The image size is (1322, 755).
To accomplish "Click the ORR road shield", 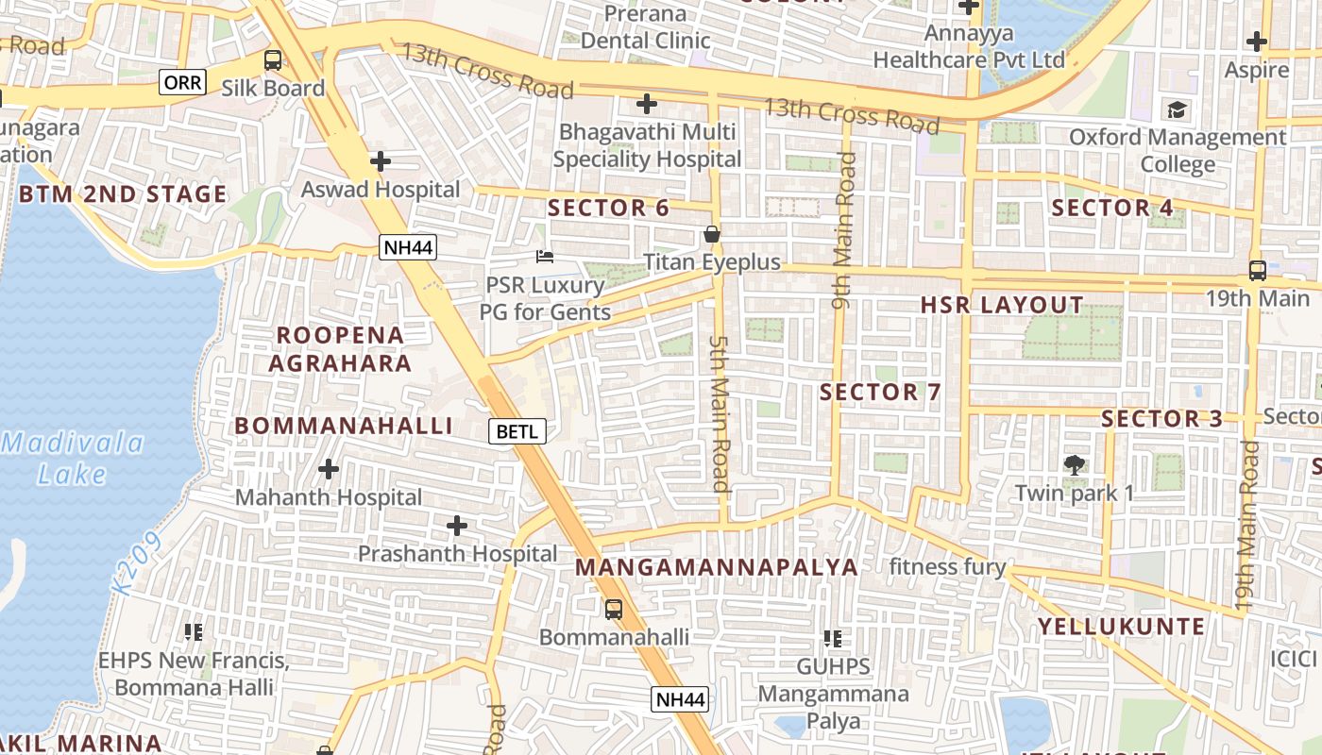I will [x=182, y=82].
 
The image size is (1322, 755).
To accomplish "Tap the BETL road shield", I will [x=517, y=432].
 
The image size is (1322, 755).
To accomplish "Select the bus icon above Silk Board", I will [x=273, y=60].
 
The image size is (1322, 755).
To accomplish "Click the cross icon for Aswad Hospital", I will [x=381, y=161].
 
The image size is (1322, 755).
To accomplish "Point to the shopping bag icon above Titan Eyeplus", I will [x=712, y=234].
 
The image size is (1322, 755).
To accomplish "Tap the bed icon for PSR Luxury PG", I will [x=544, y=256].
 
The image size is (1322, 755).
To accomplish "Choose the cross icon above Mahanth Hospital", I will [x=329, y=468].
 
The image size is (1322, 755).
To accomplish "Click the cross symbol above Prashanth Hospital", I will [x=457, y=525].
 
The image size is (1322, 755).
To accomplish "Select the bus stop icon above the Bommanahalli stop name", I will [x=614, y=609].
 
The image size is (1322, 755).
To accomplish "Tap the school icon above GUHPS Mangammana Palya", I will [x=832, y=639].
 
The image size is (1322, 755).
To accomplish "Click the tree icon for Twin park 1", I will [x=1074, y=464].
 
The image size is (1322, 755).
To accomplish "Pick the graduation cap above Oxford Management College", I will [x=1177, y=109].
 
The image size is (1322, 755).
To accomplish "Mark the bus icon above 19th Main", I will [x=1257, y=270].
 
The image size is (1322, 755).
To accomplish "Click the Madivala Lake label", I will [x=73, y=458].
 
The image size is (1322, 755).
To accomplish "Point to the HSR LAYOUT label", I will [x=1002, y=305].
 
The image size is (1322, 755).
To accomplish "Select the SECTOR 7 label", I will [x=880, y=392].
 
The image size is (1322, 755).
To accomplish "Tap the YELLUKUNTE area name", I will [x=1122, y=627].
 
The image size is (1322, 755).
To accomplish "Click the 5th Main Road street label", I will [x=720, y=413].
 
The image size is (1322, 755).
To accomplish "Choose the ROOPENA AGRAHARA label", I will [x=340, y=349].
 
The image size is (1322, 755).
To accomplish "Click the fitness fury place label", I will [x=947, y=567].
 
